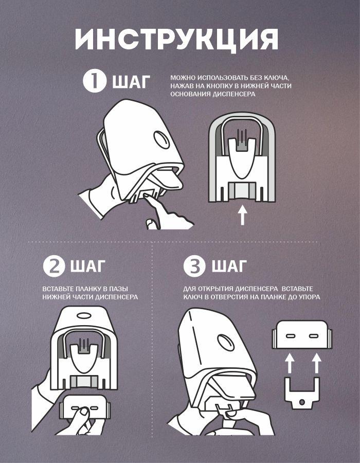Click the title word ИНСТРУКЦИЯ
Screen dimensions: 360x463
[176, 39]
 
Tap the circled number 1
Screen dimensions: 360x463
[94, 81]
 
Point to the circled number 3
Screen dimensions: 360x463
[194, 266]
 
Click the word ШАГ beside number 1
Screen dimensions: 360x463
[131, 81]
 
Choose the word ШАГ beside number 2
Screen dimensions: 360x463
[87, 266]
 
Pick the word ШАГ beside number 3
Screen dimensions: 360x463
[229, 266]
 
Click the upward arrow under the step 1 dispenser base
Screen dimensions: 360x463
[242, 215]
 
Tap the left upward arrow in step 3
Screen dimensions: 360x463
[291, 364]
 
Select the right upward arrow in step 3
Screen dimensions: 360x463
[317, 364]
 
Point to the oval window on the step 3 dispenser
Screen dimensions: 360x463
[226, 343]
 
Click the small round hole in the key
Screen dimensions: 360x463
[301, 402]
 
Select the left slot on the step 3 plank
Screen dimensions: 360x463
[291, 336]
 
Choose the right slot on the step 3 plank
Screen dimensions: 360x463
[313, 336]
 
